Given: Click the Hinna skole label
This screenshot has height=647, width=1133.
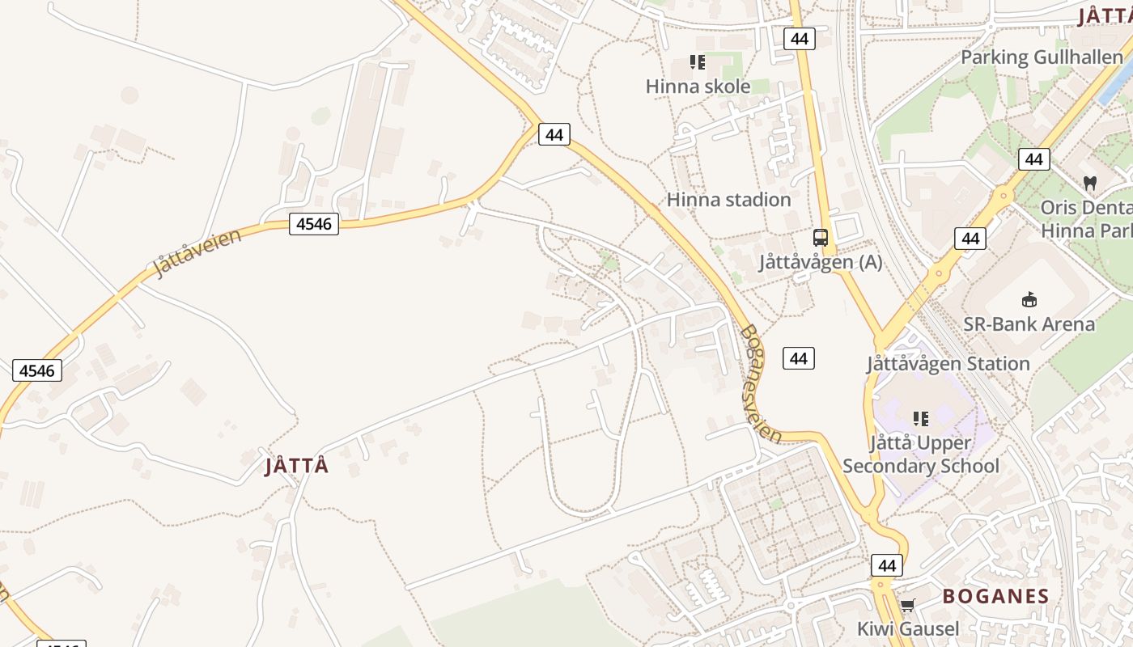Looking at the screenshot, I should point(698,87).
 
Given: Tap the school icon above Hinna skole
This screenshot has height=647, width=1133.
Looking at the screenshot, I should point(697,62).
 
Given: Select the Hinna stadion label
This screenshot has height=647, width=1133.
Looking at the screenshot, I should point(728,200).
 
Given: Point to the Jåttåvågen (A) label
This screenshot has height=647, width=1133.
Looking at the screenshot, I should point(820,262).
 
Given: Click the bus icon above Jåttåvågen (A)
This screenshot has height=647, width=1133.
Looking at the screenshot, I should point(821,238).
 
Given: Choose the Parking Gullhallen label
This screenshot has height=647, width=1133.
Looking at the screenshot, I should point(1041,57).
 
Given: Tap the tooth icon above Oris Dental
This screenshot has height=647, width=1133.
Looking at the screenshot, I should point(1090,184).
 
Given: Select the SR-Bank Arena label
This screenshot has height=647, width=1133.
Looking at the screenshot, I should point(1029,324).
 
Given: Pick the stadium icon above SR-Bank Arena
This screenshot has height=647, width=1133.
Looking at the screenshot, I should point(1029,300).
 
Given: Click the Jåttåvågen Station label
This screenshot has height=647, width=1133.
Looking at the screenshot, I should point(948,364).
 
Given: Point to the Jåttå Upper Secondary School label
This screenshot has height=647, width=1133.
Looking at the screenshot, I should point(921,455).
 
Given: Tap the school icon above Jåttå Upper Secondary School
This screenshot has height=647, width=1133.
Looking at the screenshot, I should point(921,419).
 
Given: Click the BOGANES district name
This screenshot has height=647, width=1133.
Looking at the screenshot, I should point(995,597).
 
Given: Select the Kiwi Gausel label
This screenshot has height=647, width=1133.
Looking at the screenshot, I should point(908,628).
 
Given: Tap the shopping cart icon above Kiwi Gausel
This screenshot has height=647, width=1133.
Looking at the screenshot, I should point(908,605).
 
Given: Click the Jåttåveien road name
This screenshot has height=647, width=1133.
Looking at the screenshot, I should point(197,252).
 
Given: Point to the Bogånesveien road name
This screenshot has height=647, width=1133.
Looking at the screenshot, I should point(761,384).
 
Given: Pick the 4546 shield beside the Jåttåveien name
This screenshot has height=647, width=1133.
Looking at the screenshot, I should point(314,224).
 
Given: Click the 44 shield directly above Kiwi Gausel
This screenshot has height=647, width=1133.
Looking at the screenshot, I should point(887,565).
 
